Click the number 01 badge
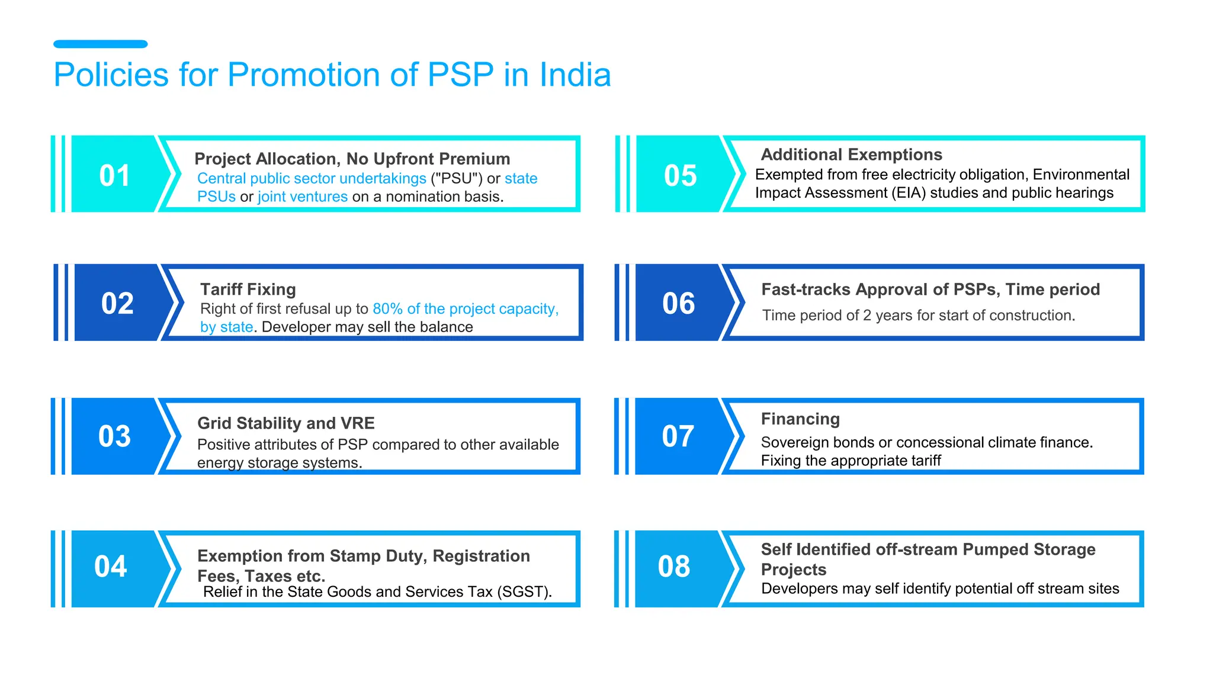pos(114,176)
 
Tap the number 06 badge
pos(678,304)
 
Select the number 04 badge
pos(111,567)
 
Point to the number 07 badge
pos(678,436)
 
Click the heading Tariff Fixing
pos(248,289)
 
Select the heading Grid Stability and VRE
pos(285,423)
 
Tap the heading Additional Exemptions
pos(851,155)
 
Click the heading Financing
pos(800,419)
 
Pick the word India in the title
pos(575,75)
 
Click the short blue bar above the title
pos(100,44)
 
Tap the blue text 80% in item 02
pos(387,309)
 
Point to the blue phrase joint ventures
pos(303,197)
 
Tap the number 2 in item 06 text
pos(867,316)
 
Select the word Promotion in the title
pos(303,75)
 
